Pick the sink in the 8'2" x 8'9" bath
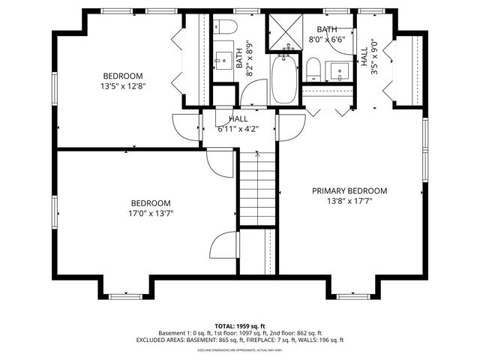pyautogui.click(x=223, y=58)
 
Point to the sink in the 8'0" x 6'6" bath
pyautogui.click(x=341, y=73)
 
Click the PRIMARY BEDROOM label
pyautogui.click(x=349, y=190)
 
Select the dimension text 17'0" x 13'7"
pyautogui.click(x=151, y=214)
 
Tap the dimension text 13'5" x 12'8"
pyautogui.click(x=123, y=86)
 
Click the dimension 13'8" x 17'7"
pyautogui.click(x=349, y=201)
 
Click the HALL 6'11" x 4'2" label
pyautogui.click(x=238, y=124)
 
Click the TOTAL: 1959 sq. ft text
pyautogui.click(x=239, y=325)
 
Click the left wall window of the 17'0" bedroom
pyautogui.click(x=53, y=210)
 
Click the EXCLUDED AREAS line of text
pyautogui.click(x=239, y=340)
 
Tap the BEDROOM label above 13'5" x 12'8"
pyautogui.click(x=123, y=76)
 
